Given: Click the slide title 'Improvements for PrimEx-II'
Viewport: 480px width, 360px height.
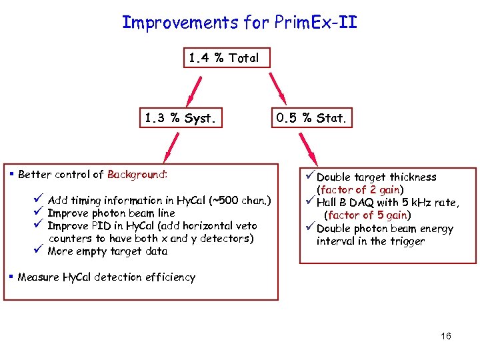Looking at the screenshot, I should [x=239, y=22].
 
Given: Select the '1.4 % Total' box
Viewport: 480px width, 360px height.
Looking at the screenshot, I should [x=223, y=58].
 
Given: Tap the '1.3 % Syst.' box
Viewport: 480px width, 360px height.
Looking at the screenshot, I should [x=180, y=119].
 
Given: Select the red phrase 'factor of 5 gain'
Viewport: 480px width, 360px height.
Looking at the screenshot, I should [x=367, y=215].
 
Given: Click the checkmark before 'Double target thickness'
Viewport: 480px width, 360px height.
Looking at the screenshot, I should [x=309, y=177].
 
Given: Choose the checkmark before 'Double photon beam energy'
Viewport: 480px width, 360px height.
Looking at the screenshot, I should [x=309, y=228].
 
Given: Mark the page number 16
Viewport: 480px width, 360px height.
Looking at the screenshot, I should [x=446, y=336].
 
